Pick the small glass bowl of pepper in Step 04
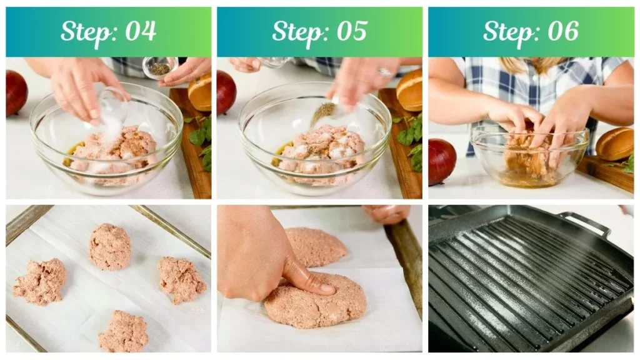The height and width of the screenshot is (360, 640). pos(159,67)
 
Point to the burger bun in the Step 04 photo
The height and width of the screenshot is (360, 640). pos(201,92)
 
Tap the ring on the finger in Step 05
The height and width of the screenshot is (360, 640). pos(384,72)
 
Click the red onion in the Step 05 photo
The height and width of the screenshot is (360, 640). pos(226,92)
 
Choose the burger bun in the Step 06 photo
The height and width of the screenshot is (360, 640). pos(615,144)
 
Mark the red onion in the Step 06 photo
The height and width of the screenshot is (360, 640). pos(441,161)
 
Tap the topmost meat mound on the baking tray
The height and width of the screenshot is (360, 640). pos(109,246)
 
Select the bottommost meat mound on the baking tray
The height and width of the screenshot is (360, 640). pos(123,331)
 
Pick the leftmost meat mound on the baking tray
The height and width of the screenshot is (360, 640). pos(40,281)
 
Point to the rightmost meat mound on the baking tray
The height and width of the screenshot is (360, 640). pos(181,279)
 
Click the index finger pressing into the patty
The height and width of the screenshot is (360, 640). pos(306,277)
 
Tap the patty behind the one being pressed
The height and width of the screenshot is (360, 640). pos(316,246)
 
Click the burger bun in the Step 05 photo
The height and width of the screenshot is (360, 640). pos(410,90)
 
